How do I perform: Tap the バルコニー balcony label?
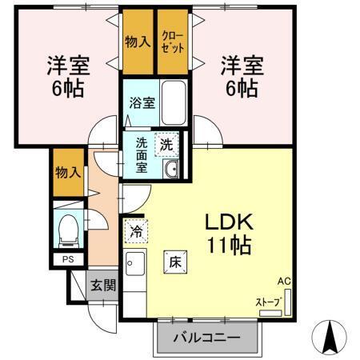point(207,338)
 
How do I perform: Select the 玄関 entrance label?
point(102,285)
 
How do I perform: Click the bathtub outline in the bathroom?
point(173,99)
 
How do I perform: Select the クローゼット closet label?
point(173,42)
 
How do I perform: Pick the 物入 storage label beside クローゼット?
point(138,42)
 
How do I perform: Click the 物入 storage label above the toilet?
point(67,171)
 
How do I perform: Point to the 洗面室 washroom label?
point(141,155)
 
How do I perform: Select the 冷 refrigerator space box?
point(136,231)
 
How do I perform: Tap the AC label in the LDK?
point(284,282)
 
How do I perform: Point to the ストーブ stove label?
point(267,302)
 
